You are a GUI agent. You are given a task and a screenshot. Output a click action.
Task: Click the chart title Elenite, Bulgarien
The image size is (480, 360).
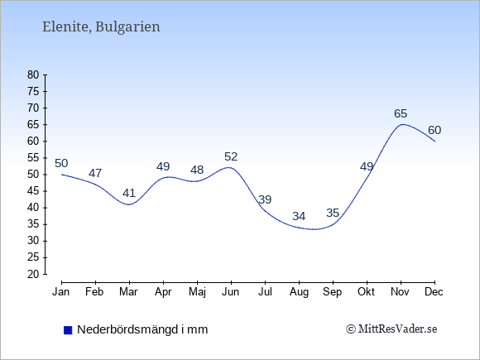point(101,27)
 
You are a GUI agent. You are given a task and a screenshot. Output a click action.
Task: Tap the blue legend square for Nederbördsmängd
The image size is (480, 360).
point(68,330)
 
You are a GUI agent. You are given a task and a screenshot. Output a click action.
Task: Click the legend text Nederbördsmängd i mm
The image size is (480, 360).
point(142,329)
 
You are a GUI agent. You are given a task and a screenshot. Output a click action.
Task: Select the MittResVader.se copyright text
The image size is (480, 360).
point(391,329)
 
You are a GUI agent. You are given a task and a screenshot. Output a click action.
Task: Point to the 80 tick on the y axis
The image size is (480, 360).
point(33,75)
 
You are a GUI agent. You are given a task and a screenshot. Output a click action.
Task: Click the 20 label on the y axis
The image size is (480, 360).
point(33,274)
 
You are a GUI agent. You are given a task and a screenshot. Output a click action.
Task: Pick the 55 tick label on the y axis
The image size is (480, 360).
point(33,158)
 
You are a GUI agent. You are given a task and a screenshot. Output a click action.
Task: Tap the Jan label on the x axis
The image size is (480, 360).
point(61,292)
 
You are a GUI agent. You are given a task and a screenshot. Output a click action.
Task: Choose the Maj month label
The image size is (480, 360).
point(197,292)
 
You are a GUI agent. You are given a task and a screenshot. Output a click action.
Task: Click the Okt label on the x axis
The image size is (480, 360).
point(366,292)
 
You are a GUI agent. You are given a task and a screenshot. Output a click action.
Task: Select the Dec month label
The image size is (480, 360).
point(434,292)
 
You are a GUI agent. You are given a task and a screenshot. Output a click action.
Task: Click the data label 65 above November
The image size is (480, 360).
point(401,114)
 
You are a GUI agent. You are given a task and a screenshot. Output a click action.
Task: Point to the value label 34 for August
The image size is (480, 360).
point(299,217)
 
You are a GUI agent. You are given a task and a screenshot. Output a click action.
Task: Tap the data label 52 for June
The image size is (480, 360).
point(231,157)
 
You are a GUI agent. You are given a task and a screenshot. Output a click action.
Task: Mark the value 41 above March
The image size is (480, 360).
point(129,193)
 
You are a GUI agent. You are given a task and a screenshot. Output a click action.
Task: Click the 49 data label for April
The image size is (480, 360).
point(163,167)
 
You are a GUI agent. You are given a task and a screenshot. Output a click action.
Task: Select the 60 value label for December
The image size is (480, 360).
point(434,131)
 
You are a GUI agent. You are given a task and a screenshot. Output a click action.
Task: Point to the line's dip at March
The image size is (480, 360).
point(129,204)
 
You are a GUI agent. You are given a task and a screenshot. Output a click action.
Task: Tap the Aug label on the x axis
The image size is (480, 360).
point(299,292)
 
